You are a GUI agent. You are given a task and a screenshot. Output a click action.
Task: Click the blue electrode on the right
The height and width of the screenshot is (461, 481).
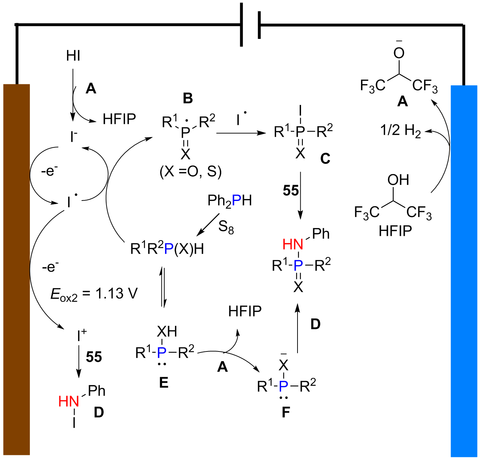pyautogui.click(x=464, y=271)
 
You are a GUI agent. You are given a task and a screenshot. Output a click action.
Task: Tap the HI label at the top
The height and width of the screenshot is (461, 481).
pyautogui.click(x=73, y=56)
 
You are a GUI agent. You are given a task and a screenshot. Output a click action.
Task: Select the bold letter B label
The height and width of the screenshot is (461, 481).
pyautogui.click(x=188, y=98)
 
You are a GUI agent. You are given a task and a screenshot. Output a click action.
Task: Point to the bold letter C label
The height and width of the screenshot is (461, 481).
pyautogui.click(x=325, y=158)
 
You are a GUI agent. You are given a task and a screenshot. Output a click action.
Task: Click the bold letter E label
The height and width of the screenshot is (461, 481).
pyautogui.click(x=164, y=383)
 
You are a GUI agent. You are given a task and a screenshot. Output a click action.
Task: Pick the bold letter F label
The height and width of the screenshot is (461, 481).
pyautogui.click(x=286, y=412)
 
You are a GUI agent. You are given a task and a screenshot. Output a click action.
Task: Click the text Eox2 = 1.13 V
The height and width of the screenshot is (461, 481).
pyautogui.click(x=94, y=294)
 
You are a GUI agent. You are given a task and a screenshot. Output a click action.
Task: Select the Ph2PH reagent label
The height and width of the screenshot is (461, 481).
pyautogui.click(x=229, y=201)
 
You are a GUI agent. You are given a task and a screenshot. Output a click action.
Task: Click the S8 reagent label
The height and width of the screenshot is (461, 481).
pyautogui.click(x=226, y=227)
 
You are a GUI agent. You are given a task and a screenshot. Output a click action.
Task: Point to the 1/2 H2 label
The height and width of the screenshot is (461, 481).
pyautogui.click(x=400, y=131)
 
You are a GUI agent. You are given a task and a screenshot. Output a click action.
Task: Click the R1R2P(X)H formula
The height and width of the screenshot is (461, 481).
pyautogui.click(x=167, y=249)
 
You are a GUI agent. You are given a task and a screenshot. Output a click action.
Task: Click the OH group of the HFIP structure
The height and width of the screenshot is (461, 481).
pyautogui.click(x=398, y=180)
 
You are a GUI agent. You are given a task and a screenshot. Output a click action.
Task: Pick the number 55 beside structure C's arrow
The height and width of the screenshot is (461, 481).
pyautogui.click(x=291, y=191)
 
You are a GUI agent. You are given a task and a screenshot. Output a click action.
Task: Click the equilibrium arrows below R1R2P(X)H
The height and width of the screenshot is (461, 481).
pyautogui.click(x=163, y=287)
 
